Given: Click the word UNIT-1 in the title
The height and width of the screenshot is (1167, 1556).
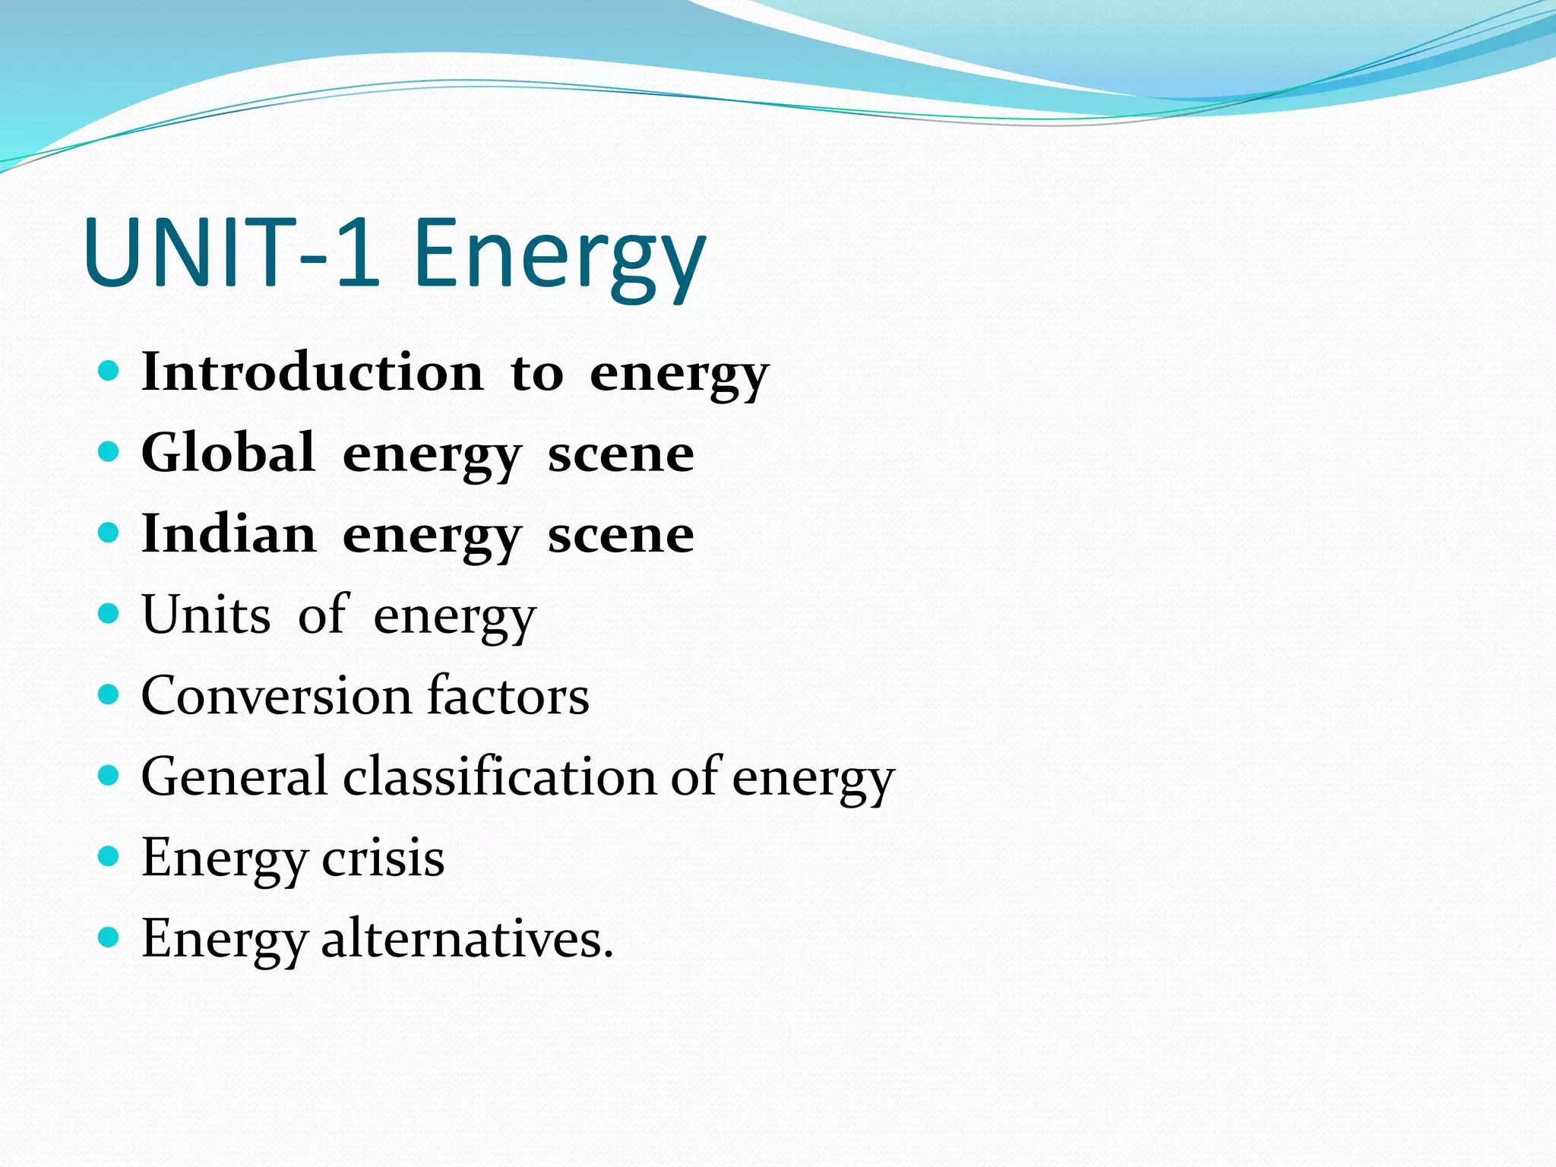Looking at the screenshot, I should tap(232, 253).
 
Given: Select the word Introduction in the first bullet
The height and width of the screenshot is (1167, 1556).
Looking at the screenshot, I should tap(312, 372).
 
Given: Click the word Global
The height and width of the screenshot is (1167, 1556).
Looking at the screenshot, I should tap(228, 453).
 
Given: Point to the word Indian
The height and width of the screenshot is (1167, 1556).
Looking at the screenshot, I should tap(228, 533).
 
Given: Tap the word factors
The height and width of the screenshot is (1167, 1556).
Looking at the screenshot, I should tap(508, 695).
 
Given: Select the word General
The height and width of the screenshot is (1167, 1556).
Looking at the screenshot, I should tap(234, 776).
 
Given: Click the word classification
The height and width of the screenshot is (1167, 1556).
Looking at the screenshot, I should tap(500, 776).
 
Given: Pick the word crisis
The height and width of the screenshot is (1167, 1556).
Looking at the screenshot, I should tap(383, 858).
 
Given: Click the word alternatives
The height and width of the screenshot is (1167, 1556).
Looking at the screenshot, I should tap(466, 939).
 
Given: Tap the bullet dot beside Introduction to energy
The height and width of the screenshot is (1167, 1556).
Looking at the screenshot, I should tap(109, 372).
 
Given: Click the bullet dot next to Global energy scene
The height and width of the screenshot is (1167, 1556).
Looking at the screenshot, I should tap(109, 452).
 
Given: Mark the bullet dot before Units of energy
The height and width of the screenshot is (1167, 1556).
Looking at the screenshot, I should tap(109, 614).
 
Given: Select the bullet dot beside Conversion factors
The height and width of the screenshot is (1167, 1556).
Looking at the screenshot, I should tap(109, 694).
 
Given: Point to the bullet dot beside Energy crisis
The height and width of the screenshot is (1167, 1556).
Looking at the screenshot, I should tap(109, 857).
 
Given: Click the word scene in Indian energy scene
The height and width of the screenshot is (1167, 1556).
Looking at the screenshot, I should tap(621, 535).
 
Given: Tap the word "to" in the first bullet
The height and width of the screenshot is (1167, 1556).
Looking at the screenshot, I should tap(536, 374).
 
